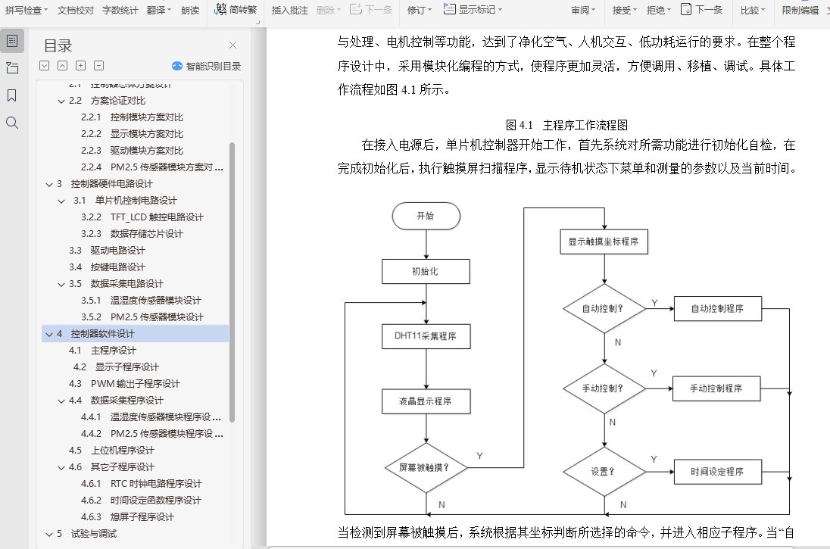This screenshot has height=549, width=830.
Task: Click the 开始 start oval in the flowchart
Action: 426,216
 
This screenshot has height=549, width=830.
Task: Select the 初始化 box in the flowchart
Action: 426,271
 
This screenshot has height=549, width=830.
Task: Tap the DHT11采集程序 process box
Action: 426,336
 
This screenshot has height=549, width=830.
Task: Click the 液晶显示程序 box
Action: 426,401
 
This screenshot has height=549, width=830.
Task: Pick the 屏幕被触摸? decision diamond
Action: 425,467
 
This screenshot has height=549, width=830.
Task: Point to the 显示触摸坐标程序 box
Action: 604,242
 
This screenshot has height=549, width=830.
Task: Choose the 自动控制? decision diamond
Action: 604,309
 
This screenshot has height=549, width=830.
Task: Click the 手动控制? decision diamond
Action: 604,388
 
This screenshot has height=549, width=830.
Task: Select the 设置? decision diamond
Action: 604,471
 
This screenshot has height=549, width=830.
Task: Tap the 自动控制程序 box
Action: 716,309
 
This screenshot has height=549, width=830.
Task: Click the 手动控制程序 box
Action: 716,388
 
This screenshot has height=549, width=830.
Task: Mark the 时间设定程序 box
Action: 716,471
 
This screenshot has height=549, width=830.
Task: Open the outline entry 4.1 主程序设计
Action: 114,351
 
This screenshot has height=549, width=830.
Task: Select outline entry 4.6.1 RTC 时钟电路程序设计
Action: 156,484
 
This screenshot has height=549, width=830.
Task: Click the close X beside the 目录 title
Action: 232,45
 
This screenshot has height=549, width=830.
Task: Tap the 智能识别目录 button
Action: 207,67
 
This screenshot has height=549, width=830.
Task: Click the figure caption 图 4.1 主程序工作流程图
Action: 566,125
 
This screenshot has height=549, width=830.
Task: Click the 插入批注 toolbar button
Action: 290,10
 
